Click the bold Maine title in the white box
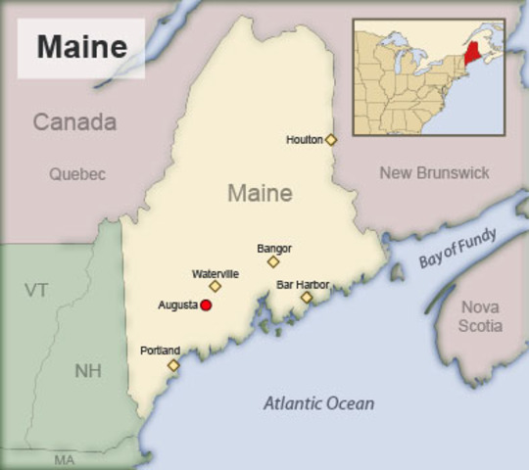tap(82, 46)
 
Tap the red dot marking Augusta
tap(206, 305)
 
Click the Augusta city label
tap(178, 305)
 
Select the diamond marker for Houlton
tap(331, 140)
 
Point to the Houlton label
tap(304, 140)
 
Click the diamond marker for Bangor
tap(273, 261)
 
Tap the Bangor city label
tap(274, 249)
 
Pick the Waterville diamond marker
tap(216, 286)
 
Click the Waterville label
tap(216, 273)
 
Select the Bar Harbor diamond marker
tap(307, 297)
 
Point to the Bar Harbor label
tap(303, 284)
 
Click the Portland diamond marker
tap(173, 365)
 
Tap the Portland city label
tap(161, 351)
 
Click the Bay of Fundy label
tap(457, 248)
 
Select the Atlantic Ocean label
tap(318, 403)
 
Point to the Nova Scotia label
tap(481, 316)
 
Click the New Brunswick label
tap(434, 172)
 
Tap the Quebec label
tap(77, 174)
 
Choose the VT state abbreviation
tap(36, 290)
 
